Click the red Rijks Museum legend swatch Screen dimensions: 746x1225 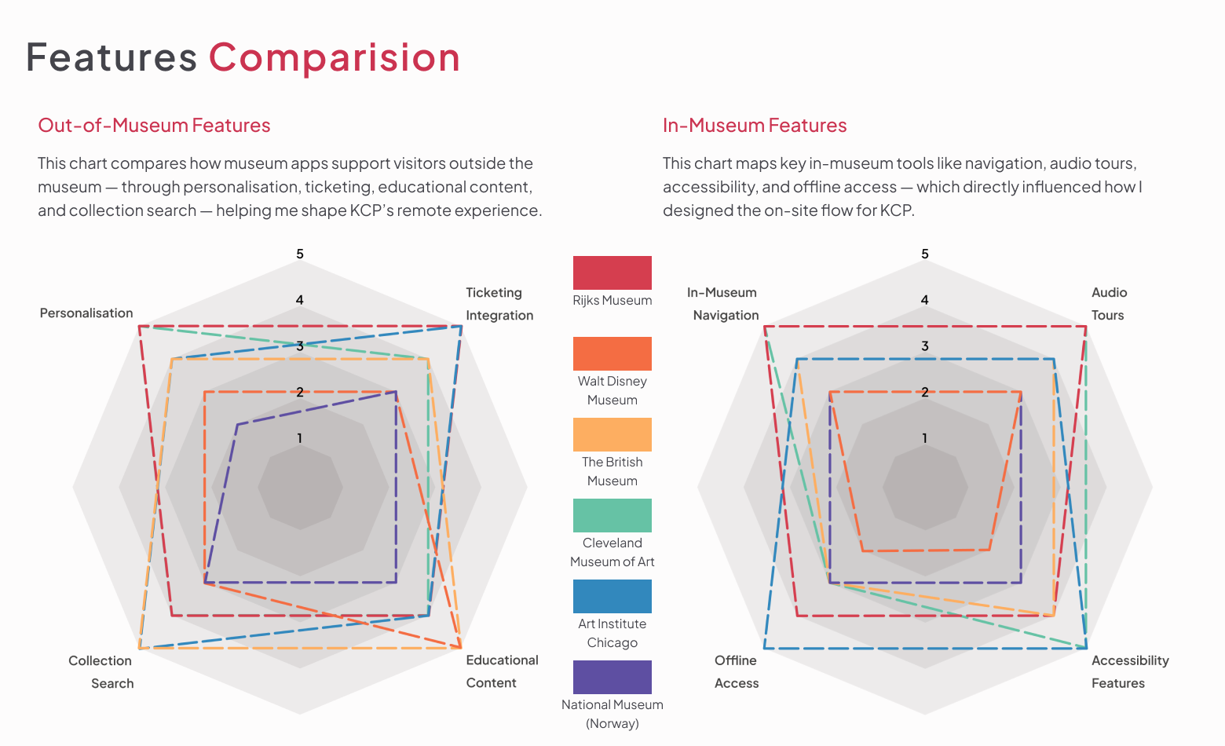point(612,272)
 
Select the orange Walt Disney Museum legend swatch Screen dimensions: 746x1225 point(612,353)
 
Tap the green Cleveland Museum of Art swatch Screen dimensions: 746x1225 point(612,515)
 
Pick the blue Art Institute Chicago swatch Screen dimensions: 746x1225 point(612,596)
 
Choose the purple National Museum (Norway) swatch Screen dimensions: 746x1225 point(612,677)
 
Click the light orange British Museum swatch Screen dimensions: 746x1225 point(612,434)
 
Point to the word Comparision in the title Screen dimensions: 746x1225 point(334,57)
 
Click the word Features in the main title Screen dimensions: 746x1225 point(111,57)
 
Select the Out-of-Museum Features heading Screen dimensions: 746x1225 point(154,126)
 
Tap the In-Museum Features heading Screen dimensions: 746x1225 point(754,126)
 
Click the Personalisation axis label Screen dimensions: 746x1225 point(86,313)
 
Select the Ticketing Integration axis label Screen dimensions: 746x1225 point(499,304)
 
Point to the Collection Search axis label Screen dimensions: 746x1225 point(101,671)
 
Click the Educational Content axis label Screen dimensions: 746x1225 point(502,671)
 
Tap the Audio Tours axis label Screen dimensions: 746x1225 point(1109,304)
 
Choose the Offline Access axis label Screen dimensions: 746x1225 point(736,671)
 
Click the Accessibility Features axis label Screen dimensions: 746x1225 point(1129,671)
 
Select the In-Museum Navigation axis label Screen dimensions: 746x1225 point(723,304)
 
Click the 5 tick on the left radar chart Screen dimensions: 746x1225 point(300,254)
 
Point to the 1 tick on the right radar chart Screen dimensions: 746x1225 point(924,438)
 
